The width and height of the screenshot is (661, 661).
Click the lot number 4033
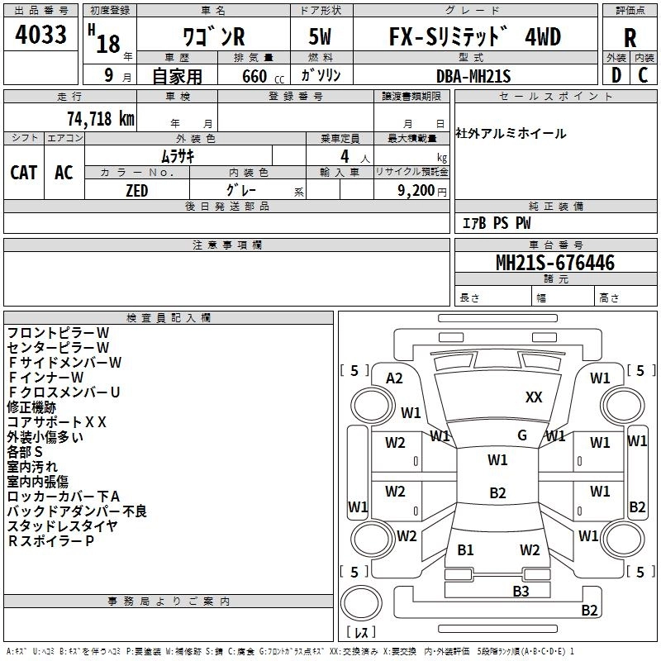[41, 35]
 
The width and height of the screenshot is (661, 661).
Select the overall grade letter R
[630, 37]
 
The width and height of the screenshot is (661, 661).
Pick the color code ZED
[136, 190]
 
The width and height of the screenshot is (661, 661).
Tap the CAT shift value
[23, 172]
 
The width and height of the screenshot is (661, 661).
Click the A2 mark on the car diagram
[394, 378]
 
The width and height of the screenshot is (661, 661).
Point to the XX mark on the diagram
[534, 397]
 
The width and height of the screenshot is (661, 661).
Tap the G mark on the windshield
[522, 435]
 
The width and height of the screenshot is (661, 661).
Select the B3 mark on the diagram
[521, 591]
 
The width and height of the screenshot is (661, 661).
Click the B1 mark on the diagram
[465, 549]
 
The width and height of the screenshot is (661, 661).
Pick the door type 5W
[321, 37]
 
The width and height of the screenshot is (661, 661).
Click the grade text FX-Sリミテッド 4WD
[474, 37]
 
